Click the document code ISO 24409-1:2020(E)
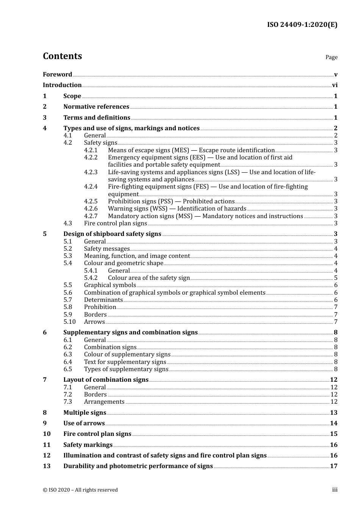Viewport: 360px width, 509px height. pos(302,25)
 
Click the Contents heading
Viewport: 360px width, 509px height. pos(62,56)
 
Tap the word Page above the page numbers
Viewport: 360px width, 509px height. pos(331,57)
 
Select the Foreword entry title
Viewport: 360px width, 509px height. pos(57,75)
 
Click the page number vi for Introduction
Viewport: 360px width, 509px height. pos(335,85)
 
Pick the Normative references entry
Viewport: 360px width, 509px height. pos(96,107)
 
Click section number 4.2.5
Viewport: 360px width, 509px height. pos(91,201)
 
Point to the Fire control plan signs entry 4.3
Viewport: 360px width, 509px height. pos(115,223)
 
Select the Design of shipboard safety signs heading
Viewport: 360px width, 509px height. pos(112,234)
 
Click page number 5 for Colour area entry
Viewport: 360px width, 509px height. pos(336,278)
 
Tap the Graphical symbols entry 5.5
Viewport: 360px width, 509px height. pos(110,285)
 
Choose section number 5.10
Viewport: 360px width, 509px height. pos(69,322)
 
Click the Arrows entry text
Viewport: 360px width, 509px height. pos(94,322)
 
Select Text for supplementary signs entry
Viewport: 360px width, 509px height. pos(125,362)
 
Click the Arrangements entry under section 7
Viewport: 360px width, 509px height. pos(104,402)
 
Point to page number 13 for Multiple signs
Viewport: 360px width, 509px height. pos(333,413)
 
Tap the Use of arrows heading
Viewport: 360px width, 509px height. pos(84,423)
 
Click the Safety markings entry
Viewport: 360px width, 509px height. pos(88,445)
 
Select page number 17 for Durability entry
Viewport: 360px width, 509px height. pos(333,466)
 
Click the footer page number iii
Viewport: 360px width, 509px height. pos(335,490)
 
